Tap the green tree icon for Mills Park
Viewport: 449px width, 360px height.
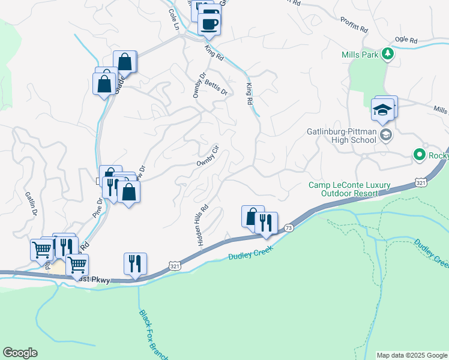tap(388, 54)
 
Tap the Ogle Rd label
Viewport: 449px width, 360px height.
tap(406, 40)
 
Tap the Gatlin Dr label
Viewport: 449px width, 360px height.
tap(31, 203)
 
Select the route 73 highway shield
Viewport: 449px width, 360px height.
tap(289, 228)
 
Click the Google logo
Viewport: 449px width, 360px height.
tap(20, 353)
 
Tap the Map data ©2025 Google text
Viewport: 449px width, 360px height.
tap(412, 355)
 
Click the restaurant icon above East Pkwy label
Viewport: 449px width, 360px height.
tap(135, 263)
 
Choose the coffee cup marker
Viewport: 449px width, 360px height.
tap(209, 24)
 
